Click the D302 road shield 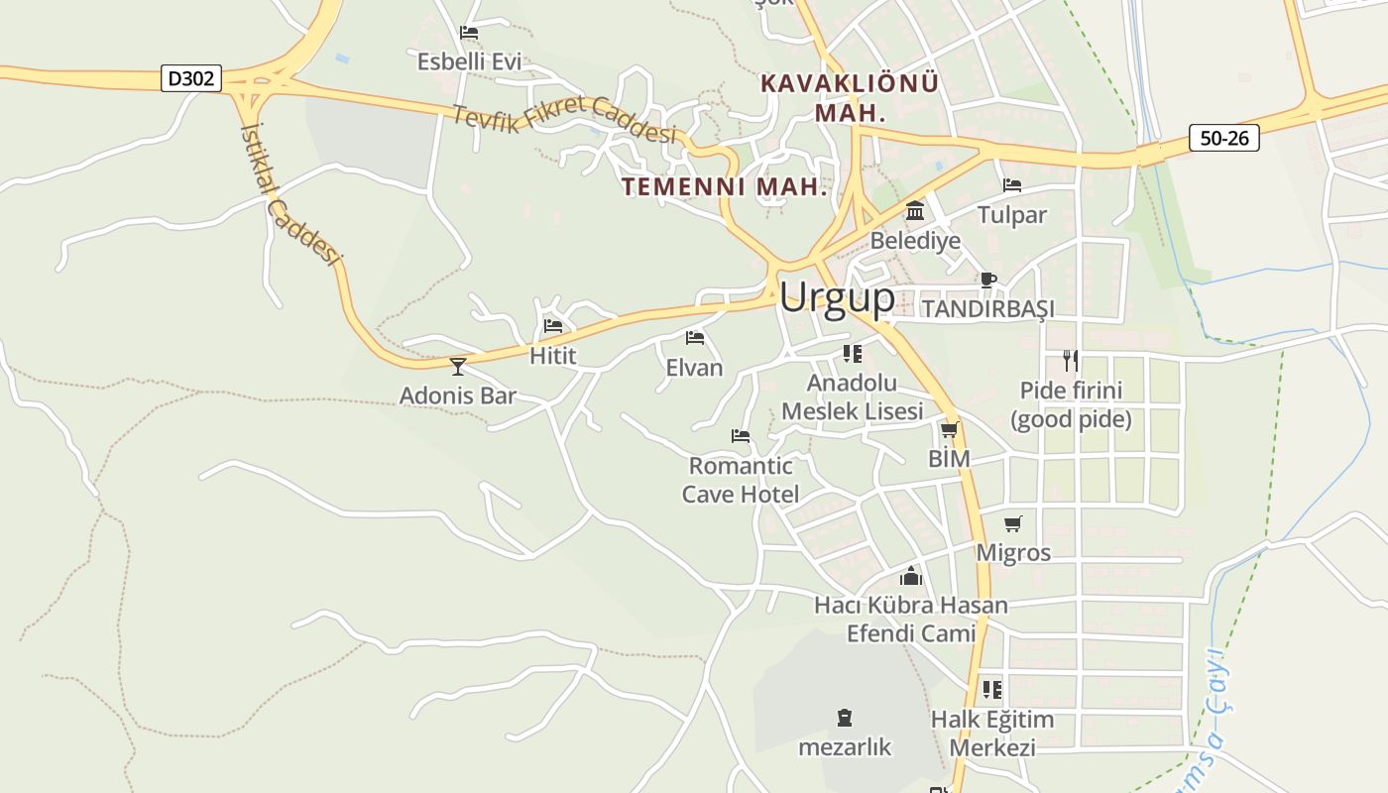[x=191, y=78]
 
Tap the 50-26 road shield [x=1224, y=138]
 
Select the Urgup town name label [x=837, y=297]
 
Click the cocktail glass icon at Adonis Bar [x=457, y=366]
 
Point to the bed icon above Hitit [x=553, y=325]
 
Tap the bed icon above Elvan [x=695, y=338]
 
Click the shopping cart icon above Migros [x=1012, y=523]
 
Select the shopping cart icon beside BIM [x=949, y=429]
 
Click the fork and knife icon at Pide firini [x=1070, y=360]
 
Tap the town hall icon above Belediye [x=915, y=211]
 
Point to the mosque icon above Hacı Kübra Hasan [x=910, y=576]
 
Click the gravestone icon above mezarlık [x=845, y=717]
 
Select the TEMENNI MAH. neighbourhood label [x=725, y=186]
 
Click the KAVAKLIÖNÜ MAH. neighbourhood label [x=849, y=97]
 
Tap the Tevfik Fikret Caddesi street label [x=564, y=120]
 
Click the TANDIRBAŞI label [x=987, y=309]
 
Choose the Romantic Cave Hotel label [x=741, y=480]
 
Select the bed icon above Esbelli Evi [x=469, y=33]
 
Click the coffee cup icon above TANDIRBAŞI [x=987, y=280]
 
